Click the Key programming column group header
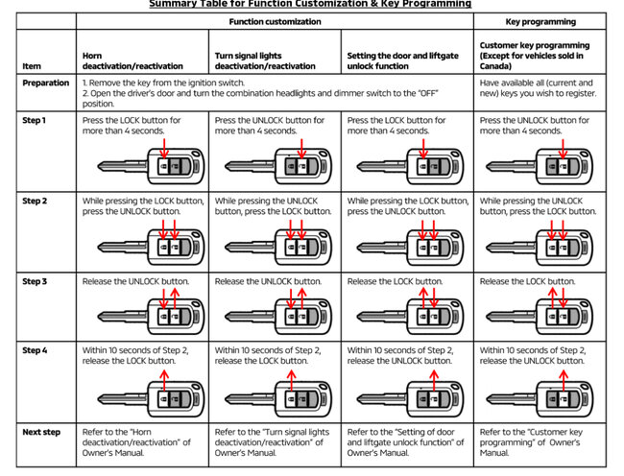click(540, 20)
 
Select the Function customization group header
click(276, 20)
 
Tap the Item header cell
click(32, 66)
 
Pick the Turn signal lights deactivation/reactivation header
click(265, 60)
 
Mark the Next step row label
click(41, 433)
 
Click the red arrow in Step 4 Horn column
click(162, 377)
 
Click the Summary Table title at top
click(310, 4)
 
